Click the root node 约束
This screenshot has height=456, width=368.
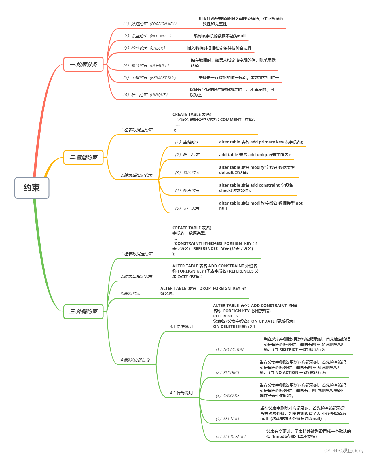32,188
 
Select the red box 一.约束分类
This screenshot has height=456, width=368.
83,64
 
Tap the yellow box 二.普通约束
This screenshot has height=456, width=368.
83,157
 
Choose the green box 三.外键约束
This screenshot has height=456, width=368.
83,311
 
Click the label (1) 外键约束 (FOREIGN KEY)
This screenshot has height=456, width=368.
150,24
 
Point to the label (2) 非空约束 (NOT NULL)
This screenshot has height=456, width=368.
147,36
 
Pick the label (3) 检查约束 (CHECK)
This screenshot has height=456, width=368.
144,48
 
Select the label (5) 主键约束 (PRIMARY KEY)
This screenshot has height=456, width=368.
150,77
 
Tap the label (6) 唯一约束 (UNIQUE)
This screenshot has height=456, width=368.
145,95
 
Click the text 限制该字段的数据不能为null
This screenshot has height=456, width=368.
219,36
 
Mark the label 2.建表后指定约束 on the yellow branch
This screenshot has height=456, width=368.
136,175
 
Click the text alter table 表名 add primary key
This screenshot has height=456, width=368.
261,142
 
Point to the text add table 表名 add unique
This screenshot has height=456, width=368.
255,155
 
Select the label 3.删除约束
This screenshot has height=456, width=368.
130,294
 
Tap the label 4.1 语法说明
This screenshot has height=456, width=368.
181,326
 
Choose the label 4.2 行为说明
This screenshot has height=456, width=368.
181,393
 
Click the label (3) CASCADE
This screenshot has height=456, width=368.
227,396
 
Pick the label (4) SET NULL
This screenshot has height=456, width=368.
227,419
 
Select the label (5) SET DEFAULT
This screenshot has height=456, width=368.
231,436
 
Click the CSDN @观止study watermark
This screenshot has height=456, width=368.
344,451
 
